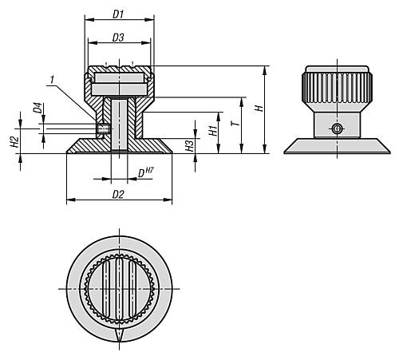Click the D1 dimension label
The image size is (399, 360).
[x=118, y=14]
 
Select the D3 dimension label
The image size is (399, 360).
[x=118, y=38]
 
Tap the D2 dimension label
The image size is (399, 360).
[x=118, y=194]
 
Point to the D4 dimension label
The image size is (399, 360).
[x=37, y=106]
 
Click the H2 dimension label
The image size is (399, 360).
[x=14, y=140]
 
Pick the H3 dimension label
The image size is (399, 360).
[x=189, y=144]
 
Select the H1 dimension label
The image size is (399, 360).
[x=213, y=129]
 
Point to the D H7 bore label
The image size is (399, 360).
[x=144, y=172]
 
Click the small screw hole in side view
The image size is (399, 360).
[x=337, y=129]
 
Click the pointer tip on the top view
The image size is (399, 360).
[x=118, y=340]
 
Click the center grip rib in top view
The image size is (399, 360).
[x=118, y=287]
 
